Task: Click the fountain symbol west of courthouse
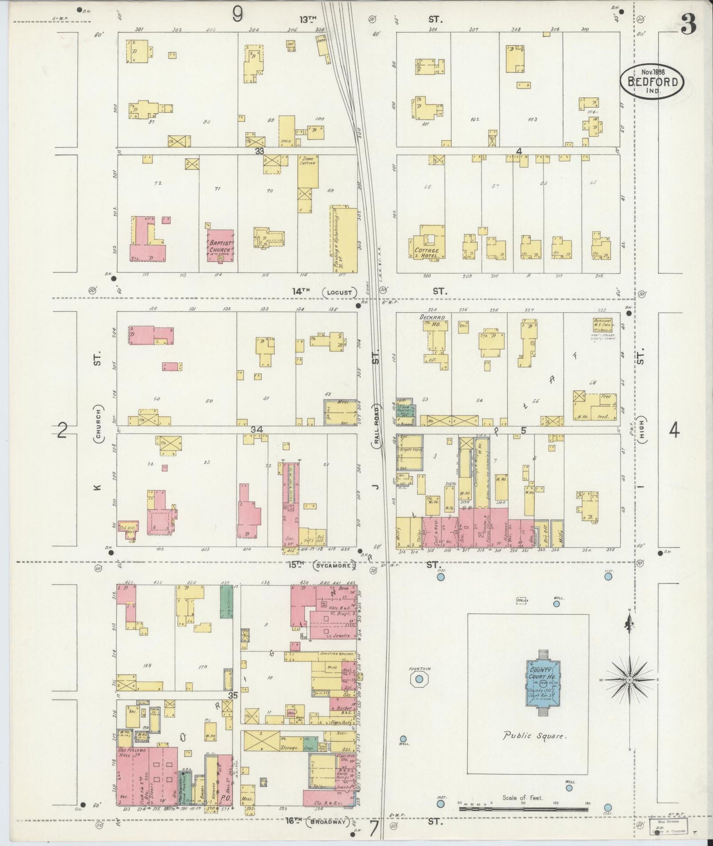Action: point(418,679)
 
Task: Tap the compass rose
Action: point(629,680)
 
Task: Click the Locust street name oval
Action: point(340,292)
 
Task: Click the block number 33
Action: point(260,151)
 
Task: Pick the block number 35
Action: point(232,695)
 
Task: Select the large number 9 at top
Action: point(237,16)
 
